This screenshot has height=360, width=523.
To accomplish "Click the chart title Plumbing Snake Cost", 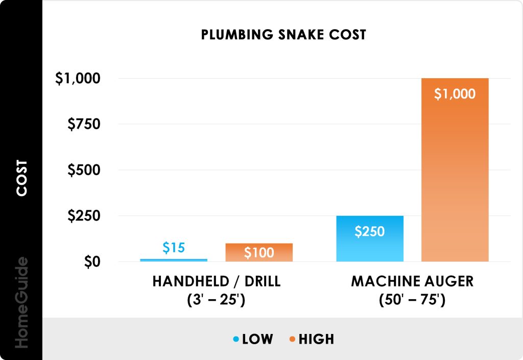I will click(x=283, y=35).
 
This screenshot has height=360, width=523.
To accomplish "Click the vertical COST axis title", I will click(x=21, y=178).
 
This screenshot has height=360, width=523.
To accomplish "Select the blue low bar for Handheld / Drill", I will click(x=174, y=260).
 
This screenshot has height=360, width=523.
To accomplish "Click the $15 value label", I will click(x=174, y=248).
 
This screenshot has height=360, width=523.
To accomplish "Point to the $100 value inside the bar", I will click(x=259, y=253).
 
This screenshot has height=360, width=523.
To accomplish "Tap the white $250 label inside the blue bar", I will click(x=370, y=231).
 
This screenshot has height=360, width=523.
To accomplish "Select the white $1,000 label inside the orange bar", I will click(x=455, y=94).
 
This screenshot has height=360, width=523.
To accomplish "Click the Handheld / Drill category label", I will click(x=217, y=290).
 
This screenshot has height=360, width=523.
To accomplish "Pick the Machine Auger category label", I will click(x=413, y=290).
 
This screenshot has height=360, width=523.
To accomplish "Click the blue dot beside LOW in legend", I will click(x=235, y=339).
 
